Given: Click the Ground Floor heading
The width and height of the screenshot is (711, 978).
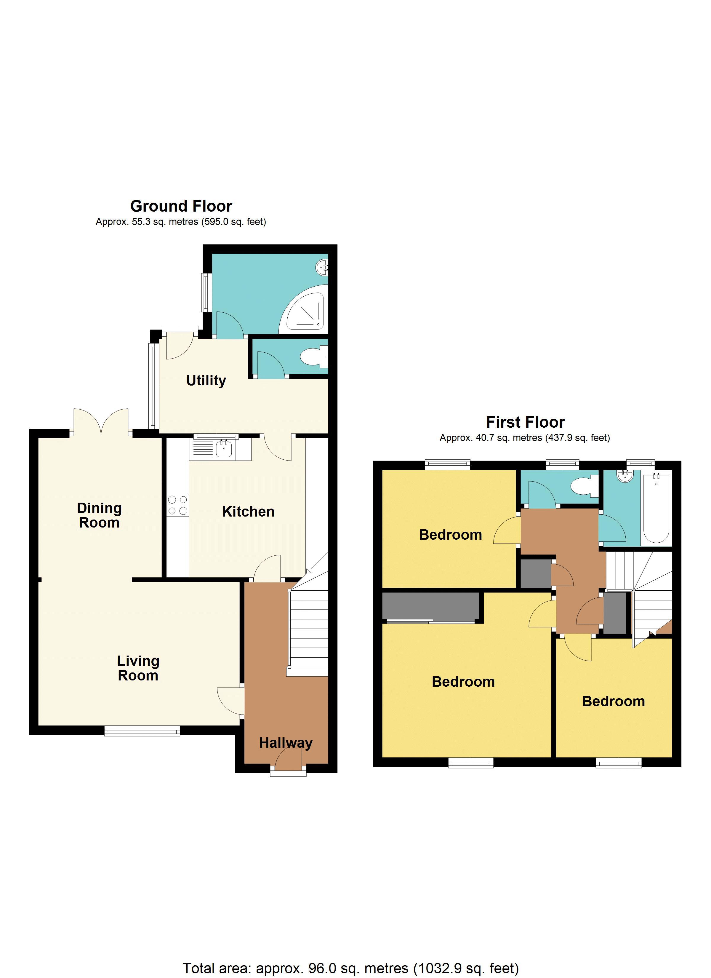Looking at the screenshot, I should (x=181, y=206).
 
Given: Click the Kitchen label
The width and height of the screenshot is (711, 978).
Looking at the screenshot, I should (x=248, y=512).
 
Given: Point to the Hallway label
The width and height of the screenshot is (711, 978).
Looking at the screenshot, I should (x=285, y=743).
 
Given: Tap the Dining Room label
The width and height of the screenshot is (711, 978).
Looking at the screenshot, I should (x=99, y=515).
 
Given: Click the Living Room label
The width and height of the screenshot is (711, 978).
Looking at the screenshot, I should (x=138, y=668).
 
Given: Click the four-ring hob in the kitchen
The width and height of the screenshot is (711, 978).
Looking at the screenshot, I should (x=178, y=505).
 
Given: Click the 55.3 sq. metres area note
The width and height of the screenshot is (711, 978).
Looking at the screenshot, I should (x=181, y=222).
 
